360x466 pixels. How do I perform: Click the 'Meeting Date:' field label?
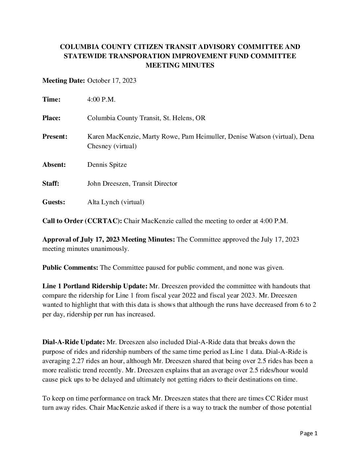coord(64,81)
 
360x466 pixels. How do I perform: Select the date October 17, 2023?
coord(112,81)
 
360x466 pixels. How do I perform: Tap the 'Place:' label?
coord(51,118)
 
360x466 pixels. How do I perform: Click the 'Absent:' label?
coord(54,164)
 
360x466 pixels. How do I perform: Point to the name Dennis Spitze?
coord(107,164)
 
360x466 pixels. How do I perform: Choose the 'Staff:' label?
coord(51,183)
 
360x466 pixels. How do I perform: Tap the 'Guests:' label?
coord(54,202)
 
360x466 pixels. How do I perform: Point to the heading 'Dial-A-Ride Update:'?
coord(73,342)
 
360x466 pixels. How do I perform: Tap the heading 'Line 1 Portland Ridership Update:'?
coord(95,286)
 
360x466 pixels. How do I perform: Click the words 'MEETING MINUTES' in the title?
coord(180,66)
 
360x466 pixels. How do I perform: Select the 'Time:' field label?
coord(51,100)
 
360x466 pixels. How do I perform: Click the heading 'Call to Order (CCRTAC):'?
coord(82,221)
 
